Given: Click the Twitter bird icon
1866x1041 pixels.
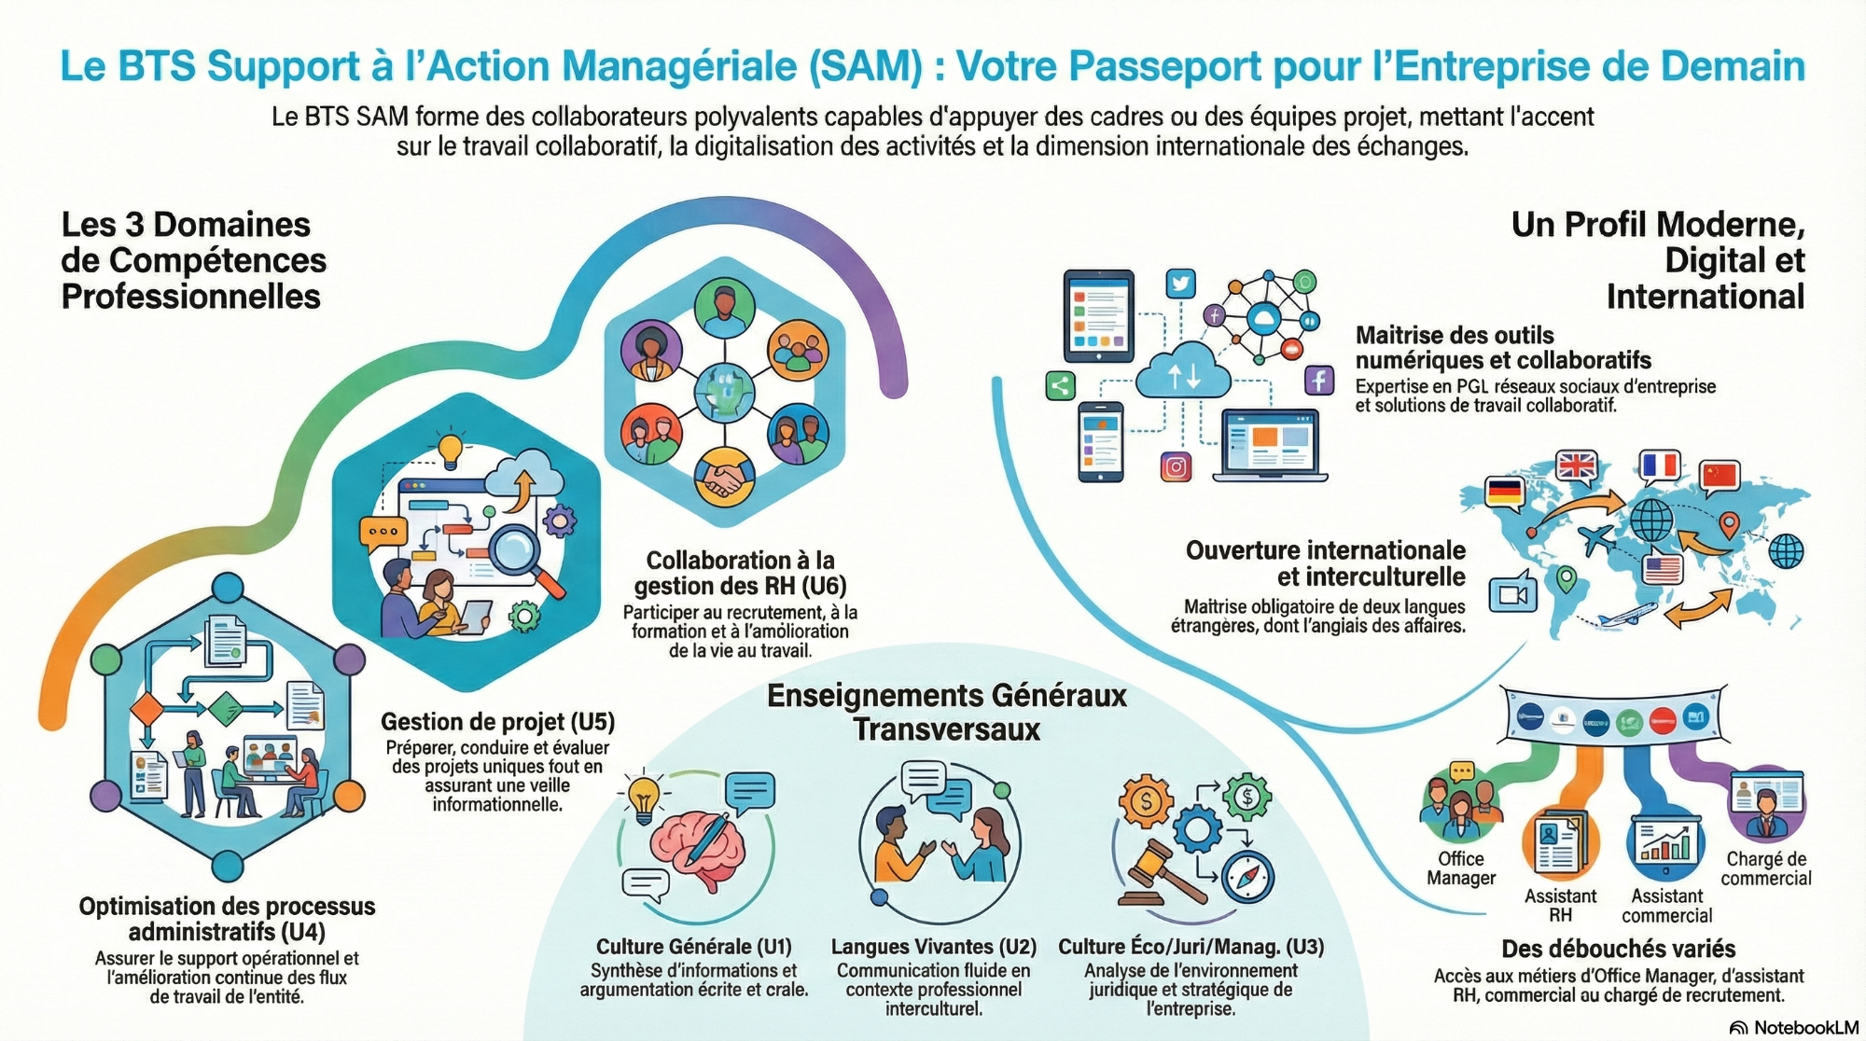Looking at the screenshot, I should point(1180,284).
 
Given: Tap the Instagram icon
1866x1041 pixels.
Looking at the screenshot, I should point(1176,466).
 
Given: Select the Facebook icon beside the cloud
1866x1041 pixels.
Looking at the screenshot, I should point(1318,381).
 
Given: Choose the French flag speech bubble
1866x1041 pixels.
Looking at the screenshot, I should point(1659,465).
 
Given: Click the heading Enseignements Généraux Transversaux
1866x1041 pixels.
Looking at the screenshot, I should point(946,712).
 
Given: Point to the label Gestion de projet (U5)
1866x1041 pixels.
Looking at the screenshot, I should point(497,722).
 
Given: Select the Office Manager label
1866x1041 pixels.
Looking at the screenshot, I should point(1460,868).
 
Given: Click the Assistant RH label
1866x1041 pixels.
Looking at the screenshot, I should point(1560,906).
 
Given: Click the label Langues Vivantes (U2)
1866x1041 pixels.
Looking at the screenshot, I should point(933,947).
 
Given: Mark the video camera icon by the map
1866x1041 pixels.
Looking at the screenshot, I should point(1512,594).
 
